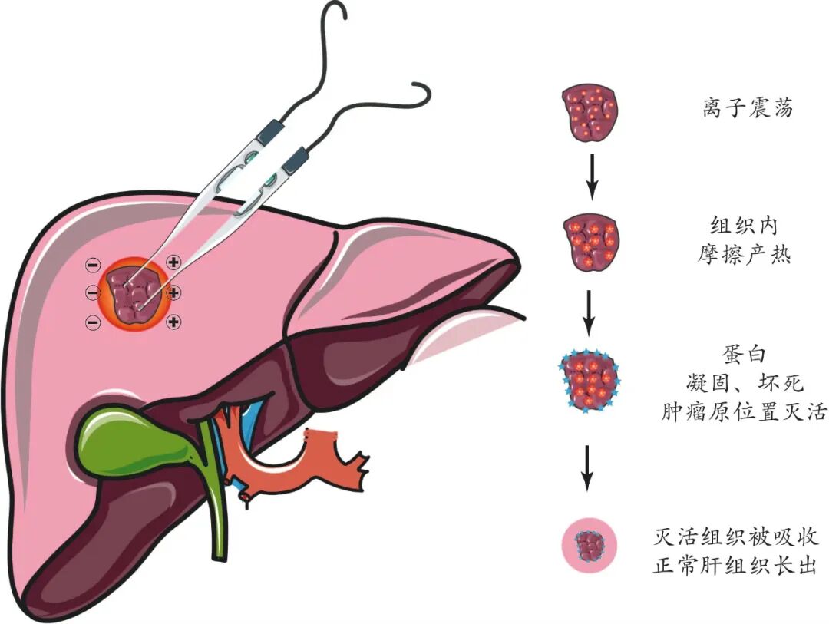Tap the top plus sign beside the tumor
173,261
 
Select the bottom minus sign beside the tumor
93,322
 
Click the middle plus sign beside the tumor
173,292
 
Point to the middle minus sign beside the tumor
93,292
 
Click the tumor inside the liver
132,294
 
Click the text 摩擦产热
744,254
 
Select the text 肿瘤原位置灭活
744,411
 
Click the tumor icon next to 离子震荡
590,112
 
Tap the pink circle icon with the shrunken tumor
589,546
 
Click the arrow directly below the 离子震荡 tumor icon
592,177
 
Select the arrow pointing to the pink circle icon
586,468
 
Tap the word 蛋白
744,354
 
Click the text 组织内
744,226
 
